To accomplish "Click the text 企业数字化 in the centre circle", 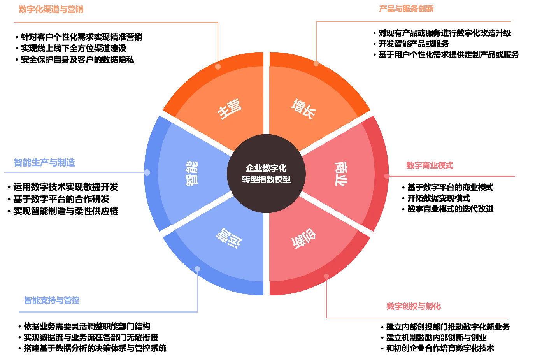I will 266,168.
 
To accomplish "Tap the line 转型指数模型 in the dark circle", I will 266,179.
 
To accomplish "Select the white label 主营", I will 230,109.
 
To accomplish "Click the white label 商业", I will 341,174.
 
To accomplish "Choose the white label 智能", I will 192,173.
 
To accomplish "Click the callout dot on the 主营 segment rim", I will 218,67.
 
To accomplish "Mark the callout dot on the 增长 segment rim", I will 316,63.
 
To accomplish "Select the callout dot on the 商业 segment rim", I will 387,176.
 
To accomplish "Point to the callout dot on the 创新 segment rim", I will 326,276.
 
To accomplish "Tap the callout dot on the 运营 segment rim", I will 197,269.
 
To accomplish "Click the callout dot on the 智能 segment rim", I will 147,172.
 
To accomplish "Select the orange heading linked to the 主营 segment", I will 51,9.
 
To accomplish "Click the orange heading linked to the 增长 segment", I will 406,8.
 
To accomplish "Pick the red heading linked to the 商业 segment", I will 429,165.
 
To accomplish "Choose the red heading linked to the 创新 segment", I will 414,306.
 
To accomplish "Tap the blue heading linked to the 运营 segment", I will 51,300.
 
